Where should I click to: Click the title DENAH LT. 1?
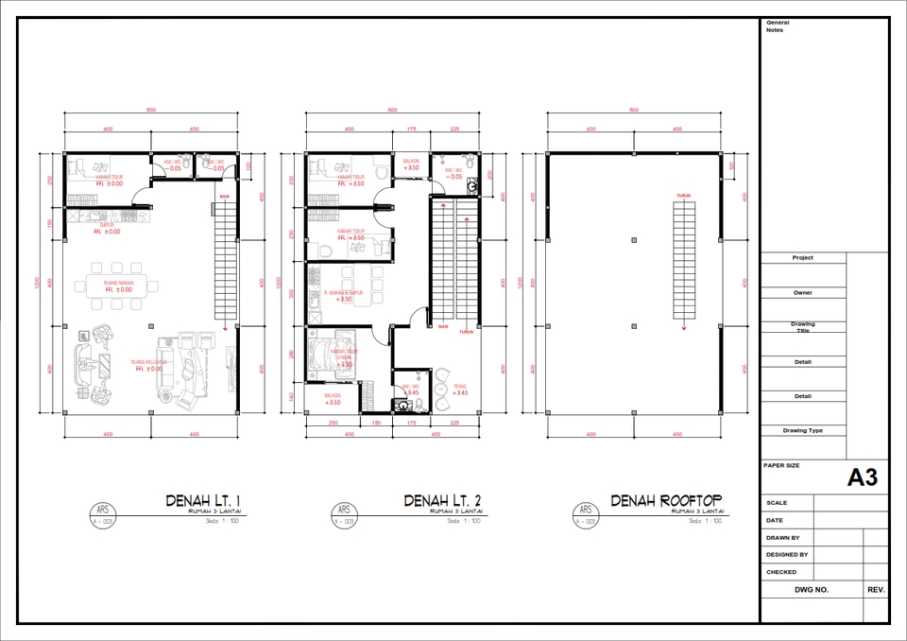point(204,500)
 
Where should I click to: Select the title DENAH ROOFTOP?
point(666,500)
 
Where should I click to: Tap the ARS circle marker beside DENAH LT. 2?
point(344,514)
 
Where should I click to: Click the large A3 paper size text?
point(862,478)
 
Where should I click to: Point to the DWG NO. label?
point(811,589)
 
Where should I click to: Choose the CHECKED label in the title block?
point(781,572)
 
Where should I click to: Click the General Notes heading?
point(778,26)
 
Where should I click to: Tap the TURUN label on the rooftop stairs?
point(682,196)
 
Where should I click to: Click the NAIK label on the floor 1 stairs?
point(225,196)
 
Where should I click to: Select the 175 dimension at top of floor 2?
point(411,129)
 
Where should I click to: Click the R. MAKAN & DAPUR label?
point(344,295)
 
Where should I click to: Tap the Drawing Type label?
point(802,430)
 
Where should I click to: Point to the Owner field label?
point(802,293)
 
